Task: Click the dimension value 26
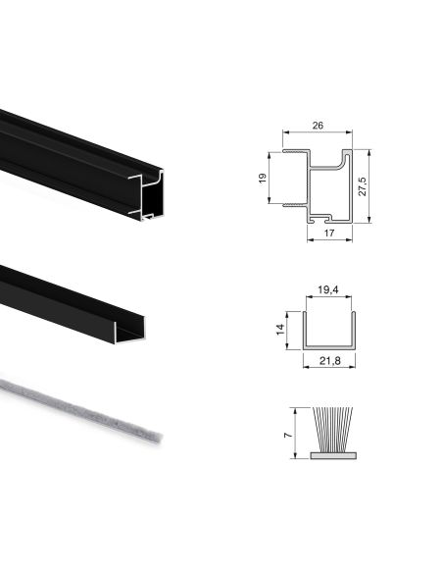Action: click(318, 126)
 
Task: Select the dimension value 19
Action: click(263, 179)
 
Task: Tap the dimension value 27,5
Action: click(362, 186)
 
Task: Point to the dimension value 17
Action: click(330, 233)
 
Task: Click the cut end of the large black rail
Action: click(146, 194)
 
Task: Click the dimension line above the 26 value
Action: click(318, 134)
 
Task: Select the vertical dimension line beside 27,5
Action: click(370, 186)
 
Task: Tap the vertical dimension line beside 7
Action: click(292, 433)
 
